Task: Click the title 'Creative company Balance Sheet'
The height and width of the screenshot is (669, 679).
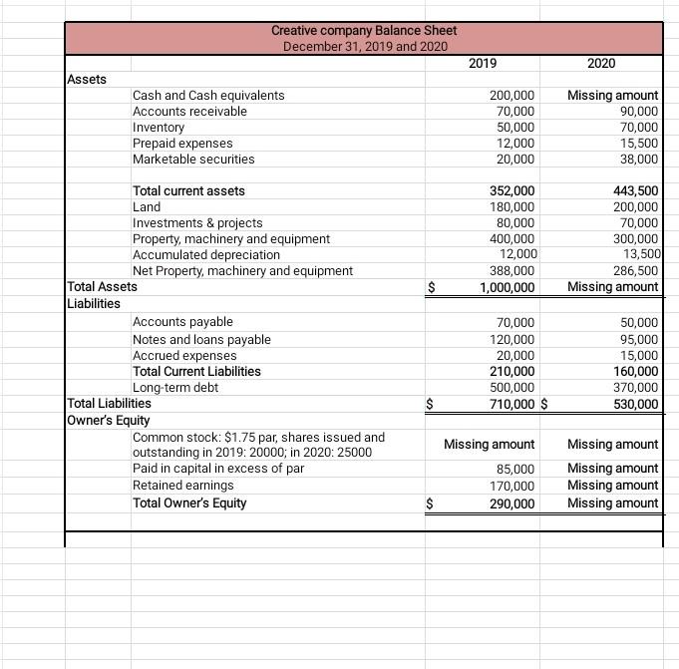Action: click(364, 31)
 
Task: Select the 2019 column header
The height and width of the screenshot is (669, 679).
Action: click(483, 64)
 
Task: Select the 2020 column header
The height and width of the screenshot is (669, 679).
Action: click(601, 64)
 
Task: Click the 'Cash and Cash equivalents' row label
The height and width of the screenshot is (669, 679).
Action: click(208, 96)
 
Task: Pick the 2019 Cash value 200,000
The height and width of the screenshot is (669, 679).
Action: click(512, 96)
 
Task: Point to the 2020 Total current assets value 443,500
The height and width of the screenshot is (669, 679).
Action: click(634, 191)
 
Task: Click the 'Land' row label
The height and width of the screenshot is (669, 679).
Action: click(147, 207)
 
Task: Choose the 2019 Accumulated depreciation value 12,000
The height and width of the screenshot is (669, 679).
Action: click(517, 255)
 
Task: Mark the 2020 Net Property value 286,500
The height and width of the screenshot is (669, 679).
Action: click(634, 271)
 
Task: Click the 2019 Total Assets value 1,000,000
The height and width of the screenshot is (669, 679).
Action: click(507, 287)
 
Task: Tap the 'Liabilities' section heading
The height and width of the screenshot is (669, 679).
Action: click(93, 303)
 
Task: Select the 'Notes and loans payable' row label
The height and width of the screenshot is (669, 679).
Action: click(201, 340)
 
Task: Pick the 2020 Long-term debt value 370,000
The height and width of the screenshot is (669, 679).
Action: click(634, 388)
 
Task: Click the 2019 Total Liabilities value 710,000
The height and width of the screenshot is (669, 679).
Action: click(509, 404)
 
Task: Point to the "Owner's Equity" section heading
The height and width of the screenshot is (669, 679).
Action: click(108, 420)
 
